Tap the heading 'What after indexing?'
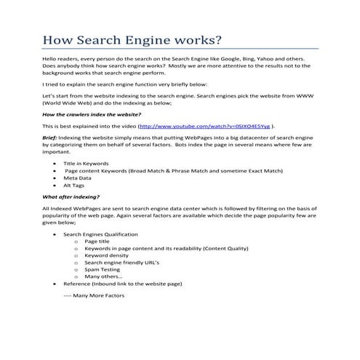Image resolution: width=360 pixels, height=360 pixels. click(x=71, y=196)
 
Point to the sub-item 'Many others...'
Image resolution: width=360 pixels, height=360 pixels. click(x=103, y=276)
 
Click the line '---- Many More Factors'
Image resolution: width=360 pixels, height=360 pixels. click(x=94, y=296)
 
